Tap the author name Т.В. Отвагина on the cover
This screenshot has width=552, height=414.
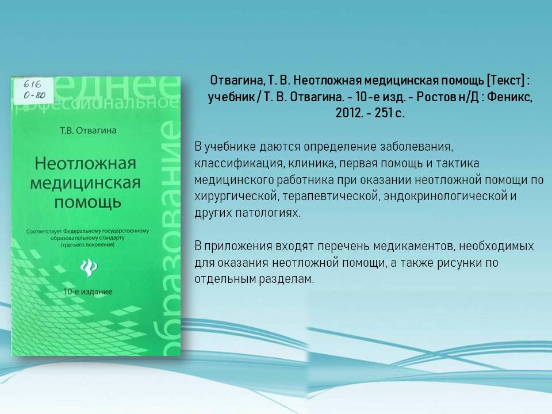point(88,131)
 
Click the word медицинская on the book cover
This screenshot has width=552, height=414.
point(86,183)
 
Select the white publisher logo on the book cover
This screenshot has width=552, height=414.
point(89,267)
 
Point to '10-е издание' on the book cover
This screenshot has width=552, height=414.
point(87,292)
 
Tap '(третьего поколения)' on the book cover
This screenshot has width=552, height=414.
point(87,244)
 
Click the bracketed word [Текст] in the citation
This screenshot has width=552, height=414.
point(505,80)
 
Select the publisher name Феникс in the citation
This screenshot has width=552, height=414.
point(509,97)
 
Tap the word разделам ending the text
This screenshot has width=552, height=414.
point(286,279)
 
